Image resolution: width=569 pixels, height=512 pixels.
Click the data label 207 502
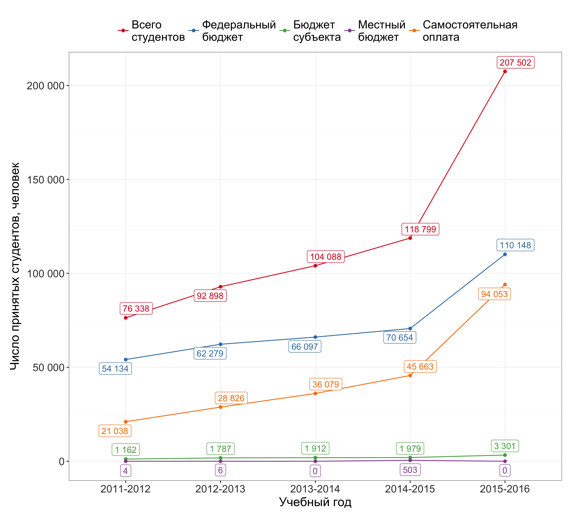[x=515, y=62]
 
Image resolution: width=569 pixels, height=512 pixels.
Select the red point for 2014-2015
[x=410, y=238]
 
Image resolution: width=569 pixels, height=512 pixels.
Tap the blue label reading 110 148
[x=515, y=245]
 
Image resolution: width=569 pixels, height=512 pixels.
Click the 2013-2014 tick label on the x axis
[x=315, y=489]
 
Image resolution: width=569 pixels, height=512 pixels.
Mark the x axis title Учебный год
[x=315, y=502]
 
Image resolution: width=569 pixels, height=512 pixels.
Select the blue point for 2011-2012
[x=126, y=360]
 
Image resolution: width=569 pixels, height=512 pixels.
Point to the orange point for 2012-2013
[x=221, y=407]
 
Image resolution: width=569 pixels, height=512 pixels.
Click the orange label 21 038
[x=115, y=431]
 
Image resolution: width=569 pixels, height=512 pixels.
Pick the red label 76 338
[x=136, y=309]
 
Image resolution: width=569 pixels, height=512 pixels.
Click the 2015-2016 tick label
[x=505, y=489]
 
